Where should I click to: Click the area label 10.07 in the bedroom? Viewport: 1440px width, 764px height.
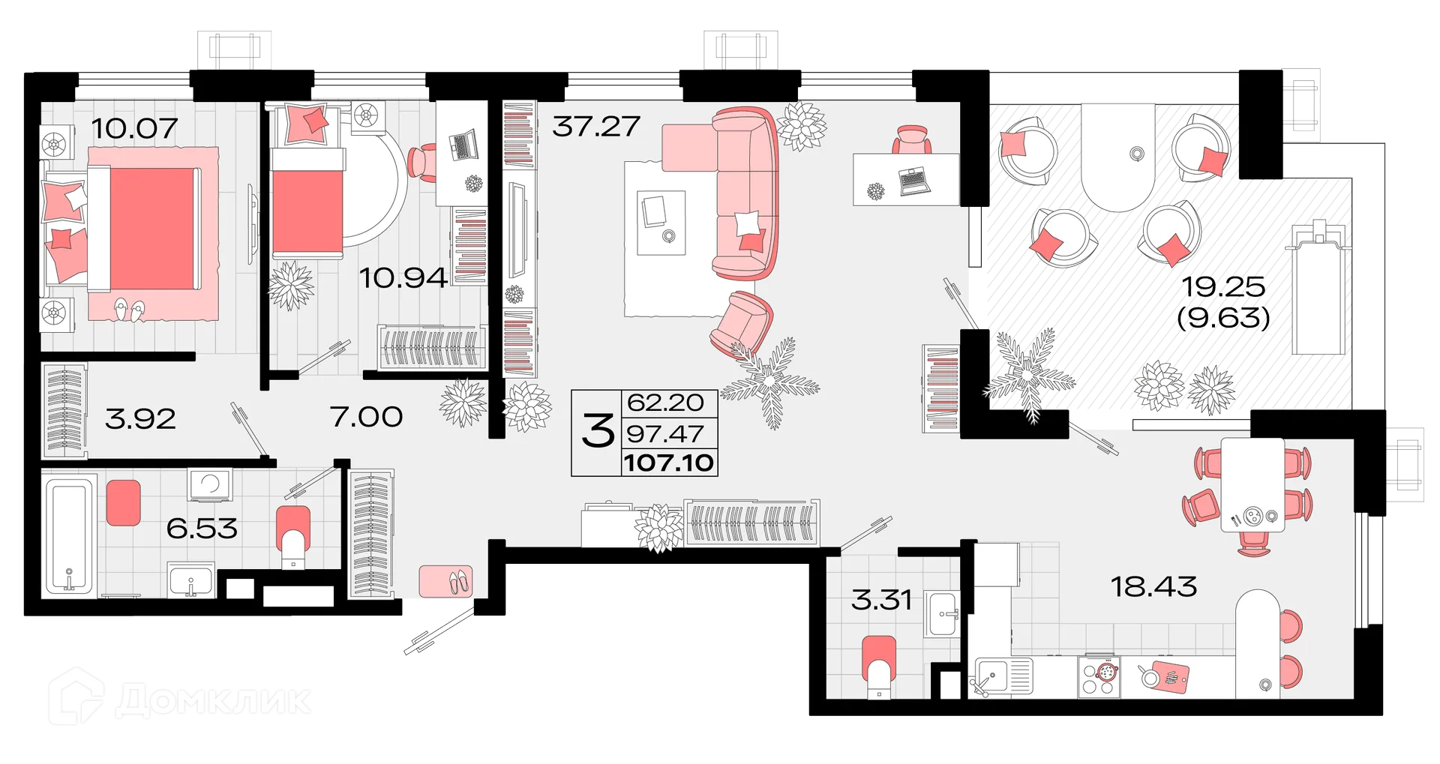[x=134, y=128]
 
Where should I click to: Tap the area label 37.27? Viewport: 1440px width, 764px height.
[x=596, y=126]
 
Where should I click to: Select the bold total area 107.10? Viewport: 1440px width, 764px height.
[x=668, y=462]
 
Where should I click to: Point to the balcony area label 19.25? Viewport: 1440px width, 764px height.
[x=1223, y=286]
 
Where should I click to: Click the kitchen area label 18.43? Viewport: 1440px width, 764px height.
[x=1153, y=586]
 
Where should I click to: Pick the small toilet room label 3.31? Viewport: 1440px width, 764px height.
[x=881, y=600]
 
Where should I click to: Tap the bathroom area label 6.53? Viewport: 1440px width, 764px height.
[x=202, y=529]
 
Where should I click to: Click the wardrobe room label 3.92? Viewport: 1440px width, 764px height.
[x=140, y=418]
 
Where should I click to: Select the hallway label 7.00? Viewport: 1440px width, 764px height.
[x=366, y=416]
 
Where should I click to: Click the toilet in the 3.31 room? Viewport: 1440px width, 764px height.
[x=880, y=664]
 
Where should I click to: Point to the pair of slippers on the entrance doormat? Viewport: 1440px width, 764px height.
[x=456, y=580]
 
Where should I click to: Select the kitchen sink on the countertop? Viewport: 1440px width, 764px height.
[x=1003, y=676]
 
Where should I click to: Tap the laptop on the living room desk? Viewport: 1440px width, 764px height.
[x=914, y=181]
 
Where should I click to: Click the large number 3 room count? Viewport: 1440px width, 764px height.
[x=597, y=433]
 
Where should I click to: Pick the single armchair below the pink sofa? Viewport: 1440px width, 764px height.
[x=741, y=321]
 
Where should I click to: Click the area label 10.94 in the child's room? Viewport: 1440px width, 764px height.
[x=403, y=278]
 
